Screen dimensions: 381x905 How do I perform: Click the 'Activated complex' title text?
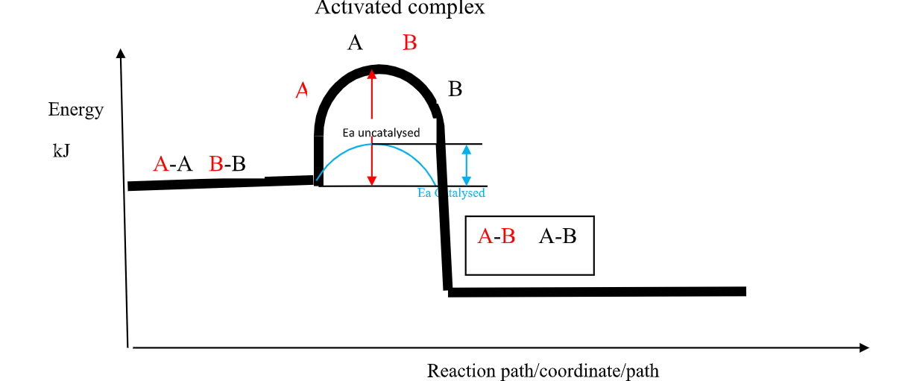click(400, 7)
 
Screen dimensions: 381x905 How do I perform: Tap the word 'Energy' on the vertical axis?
click(75, 110)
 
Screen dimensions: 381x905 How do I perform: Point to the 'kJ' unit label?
click(61, 151)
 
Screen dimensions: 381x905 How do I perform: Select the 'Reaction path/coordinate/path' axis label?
click(543, 371)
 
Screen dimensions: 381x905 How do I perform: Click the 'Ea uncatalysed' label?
click(381, 133)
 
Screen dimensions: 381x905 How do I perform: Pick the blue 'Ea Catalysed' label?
click(451, 193)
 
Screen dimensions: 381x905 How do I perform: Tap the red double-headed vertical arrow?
click(372, 127)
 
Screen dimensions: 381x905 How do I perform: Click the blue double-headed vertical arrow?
click(467, 165)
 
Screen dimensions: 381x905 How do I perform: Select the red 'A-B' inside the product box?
click(496, 236)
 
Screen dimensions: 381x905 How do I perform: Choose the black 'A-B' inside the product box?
click(558, 236)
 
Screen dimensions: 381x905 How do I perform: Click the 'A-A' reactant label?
click(172, 164)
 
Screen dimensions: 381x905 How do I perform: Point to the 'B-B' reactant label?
click(227, 164)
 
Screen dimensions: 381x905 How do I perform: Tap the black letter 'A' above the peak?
click(355, 43)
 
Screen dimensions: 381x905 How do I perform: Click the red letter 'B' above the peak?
click(409, 43)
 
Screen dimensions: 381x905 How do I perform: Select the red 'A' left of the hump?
click(301, 90)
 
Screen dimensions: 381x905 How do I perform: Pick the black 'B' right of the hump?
click(455, 89)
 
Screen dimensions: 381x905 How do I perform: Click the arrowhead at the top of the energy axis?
click(121, 53)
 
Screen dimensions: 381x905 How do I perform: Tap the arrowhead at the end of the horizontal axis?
click(864, 347)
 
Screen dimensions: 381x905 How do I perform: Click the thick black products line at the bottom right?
click(596, 292)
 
